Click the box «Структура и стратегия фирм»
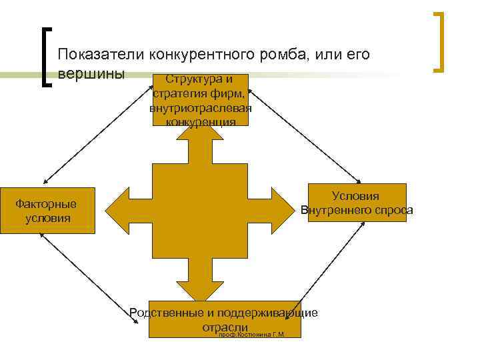(200, 100)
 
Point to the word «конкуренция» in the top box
(200, 122)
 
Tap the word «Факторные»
(46, 204)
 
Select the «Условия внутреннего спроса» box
(357, 203)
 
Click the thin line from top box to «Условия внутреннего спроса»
(304, 141)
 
